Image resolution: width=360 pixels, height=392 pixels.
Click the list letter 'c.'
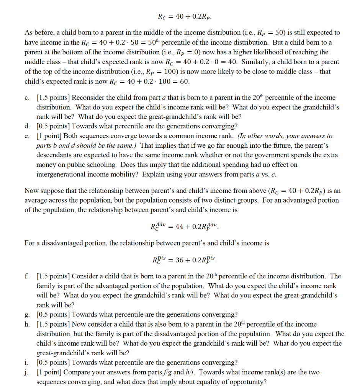coord(27,98)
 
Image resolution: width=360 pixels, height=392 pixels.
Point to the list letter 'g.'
coord(27,315)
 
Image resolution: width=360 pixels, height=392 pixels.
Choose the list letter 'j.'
coord(27,372)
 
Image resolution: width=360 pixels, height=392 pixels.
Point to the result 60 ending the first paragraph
coord(185,81)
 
